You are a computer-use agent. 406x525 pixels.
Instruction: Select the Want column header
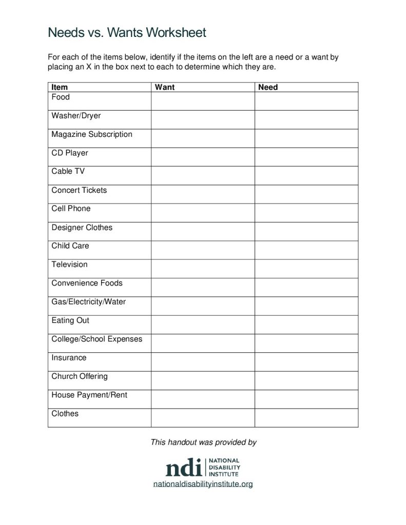point(165,87)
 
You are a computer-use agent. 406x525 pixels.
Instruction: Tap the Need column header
point(268,87)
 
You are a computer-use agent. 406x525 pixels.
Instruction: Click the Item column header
point(60,87)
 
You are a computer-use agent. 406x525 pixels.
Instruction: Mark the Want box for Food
point(203,101)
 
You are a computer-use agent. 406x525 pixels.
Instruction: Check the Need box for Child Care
point(306,250)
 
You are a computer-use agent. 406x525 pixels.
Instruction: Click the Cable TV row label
point(68,171)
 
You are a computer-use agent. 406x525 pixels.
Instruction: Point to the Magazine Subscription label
point(92,134)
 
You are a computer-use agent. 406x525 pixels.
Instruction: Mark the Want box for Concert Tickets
point(203,194)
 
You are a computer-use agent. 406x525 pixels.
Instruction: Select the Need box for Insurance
point(306,361)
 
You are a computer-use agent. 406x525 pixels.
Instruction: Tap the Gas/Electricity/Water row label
point(88,302)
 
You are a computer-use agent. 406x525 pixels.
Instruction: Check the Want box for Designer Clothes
point(203,231)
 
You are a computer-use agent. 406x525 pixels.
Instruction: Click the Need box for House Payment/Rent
point(306,399)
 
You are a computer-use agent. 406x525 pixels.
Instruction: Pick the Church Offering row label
point(80,376)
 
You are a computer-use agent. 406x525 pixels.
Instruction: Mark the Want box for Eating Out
point(203,324)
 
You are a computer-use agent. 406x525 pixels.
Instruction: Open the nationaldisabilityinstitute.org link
point(203,484)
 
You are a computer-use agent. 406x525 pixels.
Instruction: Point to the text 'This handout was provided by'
point(203,442)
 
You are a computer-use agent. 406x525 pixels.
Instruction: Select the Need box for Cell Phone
point(306,213)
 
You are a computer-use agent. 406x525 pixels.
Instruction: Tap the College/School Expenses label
point(97,339)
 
